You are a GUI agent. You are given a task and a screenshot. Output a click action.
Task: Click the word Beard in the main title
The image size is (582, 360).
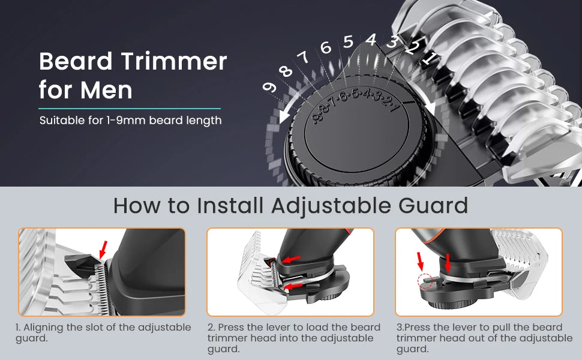click(x=76, y=61)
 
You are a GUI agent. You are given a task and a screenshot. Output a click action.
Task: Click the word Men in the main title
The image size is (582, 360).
click(x=107, y=90)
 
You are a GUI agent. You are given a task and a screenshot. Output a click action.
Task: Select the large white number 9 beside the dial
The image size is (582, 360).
click(x=269, y=88)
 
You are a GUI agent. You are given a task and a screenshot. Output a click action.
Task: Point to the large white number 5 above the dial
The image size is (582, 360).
click(x=348, y=41)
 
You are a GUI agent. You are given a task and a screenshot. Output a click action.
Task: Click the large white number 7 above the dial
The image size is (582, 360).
click(x=304, y=57)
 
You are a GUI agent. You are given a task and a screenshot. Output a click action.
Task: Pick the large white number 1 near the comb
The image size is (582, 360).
click(x=429, y=58)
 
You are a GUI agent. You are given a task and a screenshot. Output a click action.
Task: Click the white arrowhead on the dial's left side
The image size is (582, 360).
click(x=286, y=116)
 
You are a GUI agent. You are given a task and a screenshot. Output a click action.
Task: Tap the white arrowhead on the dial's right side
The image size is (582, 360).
click(x=430, y=107)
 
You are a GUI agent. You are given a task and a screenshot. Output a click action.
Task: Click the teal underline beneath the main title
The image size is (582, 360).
click(x=130, y=109)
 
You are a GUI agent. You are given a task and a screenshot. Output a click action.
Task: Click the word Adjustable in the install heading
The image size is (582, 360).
click(x=331, y=206)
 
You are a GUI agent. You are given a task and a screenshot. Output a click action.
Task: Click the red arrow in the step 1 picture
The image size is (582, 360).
click(x=103, y=250)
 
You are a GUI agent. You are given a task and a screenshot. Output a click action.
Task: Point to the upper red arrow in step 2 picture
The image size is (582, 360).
click(x=291, y=259)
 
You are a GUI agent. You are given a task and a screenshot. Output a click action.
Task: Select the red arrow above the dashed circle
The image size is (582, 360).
click(x=420, y=261)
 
